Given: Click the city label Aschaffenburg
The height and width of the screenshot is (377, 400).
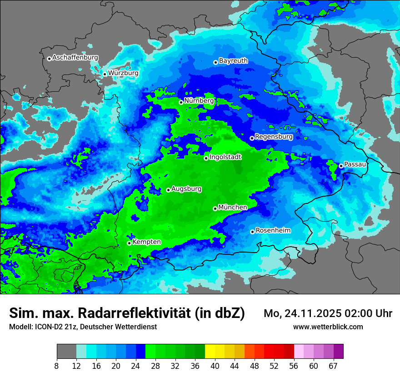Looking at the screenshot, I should pyautogui.click(x=75, y=58).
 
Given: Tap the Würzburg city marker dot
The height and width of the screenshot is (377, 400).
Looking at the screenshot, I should pyautogui.click(x=105, y=74).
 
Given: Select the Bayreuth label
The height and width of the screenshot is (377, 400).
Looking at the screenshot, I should pyautogui.click(x=233, y=60).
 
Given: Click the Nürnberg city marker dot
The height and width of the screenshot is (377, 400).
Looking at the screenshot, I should pyautogui.click(x=181, y=102).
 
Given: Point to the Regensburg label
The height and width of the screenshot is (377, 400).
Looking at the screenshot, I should pyautogui.click(x=274, y=136).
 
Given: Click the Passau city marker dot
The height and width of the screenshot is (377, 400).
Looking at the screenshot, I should pyautogui.click(x=341, y=166).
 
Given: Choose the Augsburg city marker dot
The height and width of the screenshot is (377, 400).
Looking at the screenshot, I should pyautogui.click(x=168, y=190).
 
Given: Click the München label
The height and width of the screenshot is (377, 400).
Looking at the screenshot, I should pyautogui.click(x=233, y=207).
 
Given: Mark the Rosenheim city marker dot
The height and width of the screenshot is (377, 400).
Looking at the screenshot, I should pyautogui.click(x=252, y=232).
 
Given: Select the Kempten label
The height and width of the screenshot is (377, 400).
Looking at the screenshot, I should pyautogui.click(x=146, y=242).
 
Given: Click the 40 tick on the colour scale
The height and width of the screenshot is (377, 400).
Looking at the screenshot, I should pyautogui.click(x=215, y=366).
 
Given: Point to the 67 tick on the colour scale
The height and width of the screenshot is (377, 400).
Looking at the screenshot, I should pyautogui.click(x=333, y=366).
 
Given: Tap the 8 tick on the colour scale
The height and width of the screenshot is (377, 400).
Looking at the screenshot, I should pyautogui.click(x=57, y=366).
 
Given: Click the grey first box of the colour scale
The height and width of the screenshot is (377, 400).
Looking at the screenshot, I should pyautogui.click(x=66, y=352).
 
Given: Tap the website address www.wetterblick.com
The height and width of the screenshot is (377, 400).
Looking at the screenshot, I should pyautogui.click(x=328, y=327).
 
